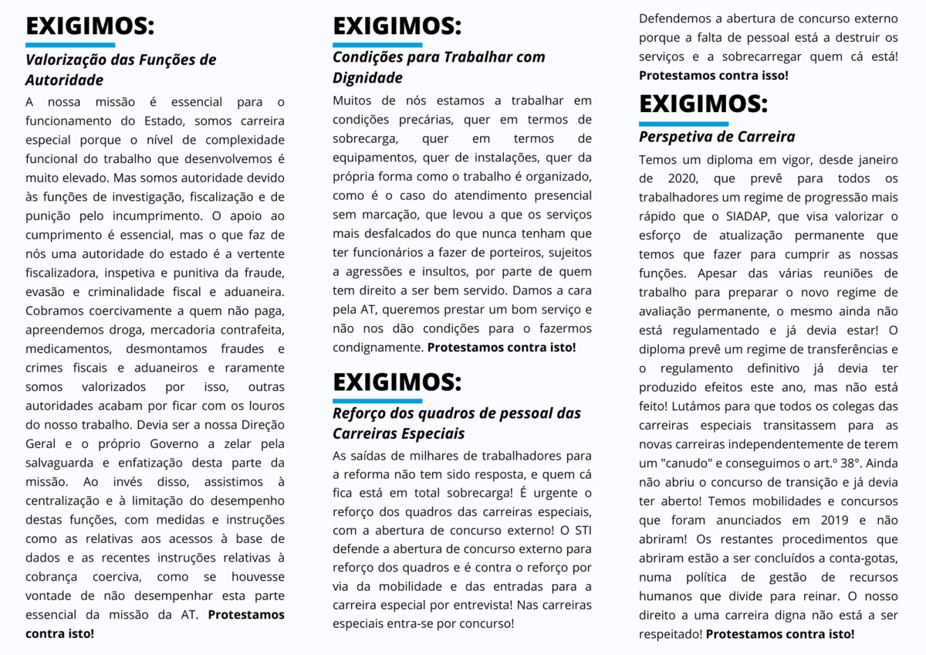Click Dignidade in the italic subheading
tap(367, 78)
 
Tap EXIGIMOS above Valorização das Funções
tap(90, 27)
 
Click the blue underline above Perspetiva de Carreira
tap(683, 124)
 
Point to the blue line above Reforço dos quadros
tap(377, 401)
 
